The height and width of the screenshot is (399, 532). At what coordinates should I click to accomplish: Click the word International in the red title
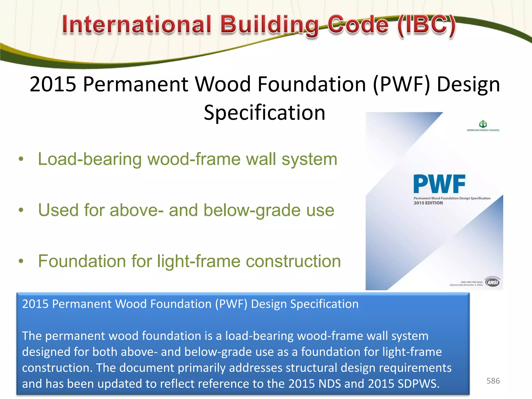137,24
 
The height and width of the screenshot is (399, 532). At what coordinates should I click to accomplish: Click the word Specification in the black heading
264,113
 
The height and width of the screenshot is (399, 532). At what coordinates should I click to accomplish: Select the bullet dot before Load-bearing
21,159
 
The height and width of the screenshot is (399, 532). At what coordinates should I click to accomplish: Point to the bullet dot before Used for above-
21,210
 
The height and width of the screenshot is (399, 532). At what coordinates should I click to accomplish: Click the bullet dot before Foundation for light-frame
21,261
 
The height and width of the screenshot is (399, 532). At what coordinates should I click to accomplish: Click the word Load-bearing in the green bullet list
90,159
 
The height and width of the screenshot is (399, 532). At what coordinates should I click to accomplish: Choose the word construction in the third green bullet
293,261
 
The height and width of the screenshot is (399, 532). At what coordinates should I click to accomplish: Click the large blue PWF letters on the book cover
439,184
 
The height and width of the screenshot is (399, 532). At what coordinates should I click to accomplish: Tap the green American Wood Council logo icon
483,124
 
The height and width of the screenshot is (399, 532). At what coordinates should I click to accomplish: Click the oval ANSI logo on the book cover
493,282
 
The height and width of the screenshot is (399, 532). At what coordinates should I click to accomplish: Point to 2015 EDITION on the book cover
428,203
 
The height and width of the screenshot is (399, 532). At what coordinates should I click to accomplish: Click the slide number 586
493,381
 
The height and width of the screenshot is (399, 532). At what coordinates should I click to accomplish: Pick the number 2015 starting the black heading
53,84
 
